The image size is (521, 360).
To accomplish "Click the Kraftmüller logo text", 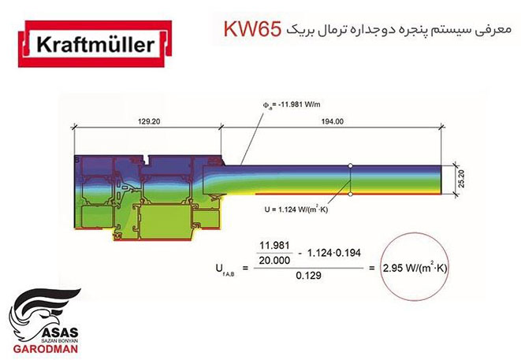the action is [x=95, y=44].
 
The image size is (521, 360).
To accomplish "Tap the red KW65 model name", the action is [x=252, y=29].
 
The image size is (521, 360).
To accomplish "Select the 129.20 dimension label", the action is [x=149, y=121].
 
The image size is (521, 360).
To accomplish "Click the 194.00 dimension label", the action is [x=333, y=121].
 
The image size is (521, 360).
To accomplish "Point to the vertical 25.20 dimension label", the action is [x=461, y=179].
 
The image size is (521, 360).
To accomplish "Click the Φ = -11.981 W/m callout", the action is [x=292, y=105].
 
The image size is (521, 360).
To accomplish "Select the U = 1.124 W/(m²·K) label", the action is [x=296, y=210].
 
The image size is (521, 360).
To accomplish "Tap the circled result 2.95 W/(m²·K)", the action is [x=415, y=268].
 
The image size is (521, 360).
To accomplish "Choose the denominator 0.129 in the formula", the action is [x=309, y=275].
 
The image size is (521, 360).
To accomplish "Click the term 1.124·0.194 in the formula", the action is [x=334, y=253].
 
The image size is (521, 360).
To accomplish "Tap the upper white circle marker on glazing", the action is [x=350, y=165].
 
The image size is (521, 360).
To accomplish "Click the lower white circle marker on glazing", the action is [x=350, y=194].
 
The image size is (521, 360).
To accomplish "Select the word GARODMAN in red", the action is [x=46, y=349].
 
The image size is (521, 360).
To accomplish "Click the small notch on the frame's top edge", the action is [x=146, y=160].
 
